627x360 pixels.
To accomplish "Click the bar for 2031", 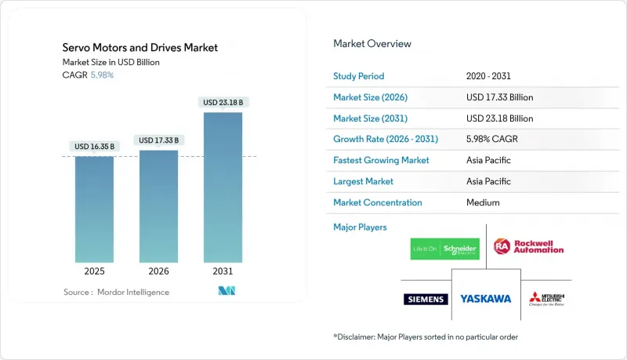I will point(223,187).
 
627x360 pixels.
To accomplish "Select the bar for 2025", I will point(95,209).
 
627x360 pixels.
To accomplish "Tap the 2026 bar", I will point(158,206).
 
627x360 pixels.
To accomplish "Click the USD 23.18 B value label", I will point(223,103).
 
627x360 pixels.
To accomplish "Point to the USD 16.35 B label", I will point(95,146).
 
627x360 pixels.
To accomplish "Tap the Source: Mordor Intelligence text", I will point(116,292).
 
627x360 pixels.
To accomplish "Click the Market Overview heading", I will point(372,44).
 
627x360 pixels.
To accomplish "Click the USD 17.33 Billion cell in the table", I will point(499,97).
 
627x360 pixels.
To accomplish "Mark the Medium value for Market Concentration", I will point(482,202).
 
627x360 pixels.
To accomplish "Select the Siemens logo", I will point(426,299).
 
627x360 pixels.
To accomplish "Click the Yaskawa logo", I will point(485,299).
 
